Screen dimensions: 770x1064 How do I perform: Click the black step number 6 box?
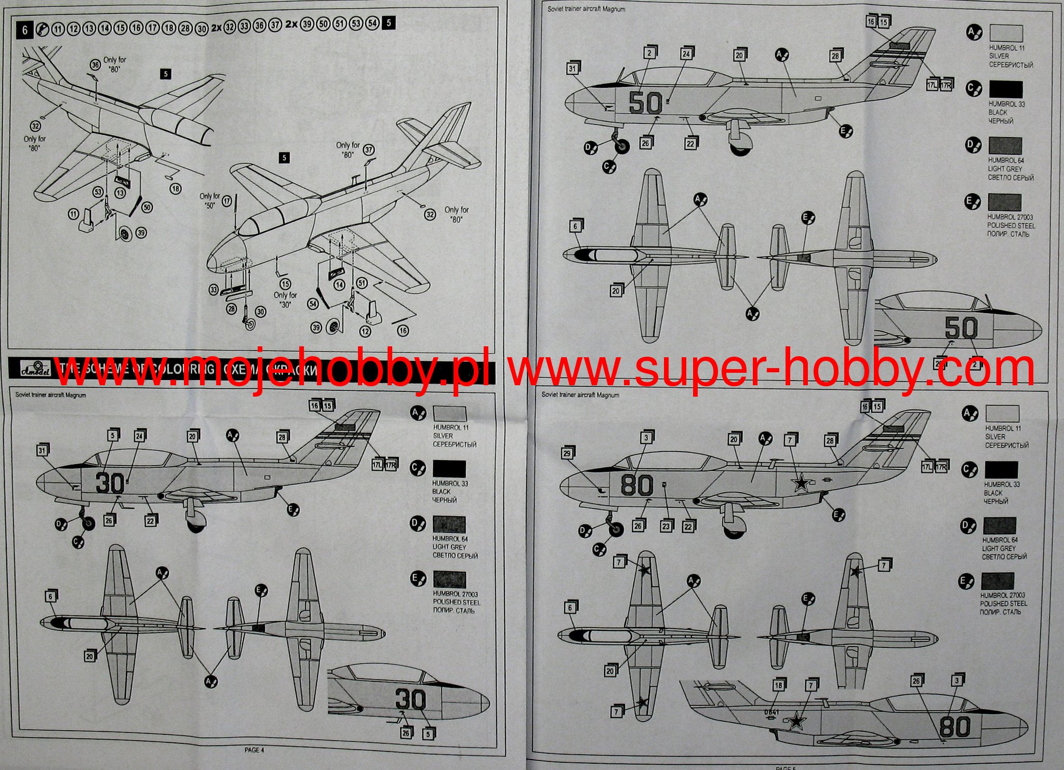pyautogui.click(x=24, y=30)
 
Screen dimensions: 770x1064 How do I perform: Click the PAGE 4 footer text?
pyautogui.click(x=255, y=750)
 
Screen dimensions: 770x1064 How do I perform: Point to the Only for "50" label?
pyautogui.click(x=209, y=200)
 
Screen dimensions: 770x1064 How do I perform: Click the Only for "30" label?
pyautogui.click(x=285, y=300)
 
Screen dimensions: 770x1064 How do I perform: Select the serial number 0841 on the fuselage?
pyautogui.click(x=772, y=712)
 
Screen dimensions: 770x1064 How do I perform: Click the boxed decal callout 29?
pyautogui.click(x=567, y=453)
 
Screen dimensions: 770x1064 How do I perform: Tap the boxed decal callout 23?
pyautogui.click(x=666, y=526)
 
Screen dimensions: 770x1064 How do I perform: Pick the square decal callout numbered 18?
pyautogui.click(x=778, y=685)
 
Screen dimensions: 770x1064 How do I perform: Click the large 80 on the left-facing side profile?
pyautogui.click(x=637, y=485)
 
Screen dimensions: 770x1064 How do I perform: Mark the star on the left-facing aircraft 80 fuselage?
pyautogui.click(x=801, y=484)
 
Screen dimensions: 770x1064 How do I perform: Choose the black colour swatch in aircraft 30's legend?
pyautogui.click(x=449, y=469)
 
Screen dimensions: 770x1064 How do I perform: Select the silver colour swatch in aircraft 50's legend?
pyautogui.click(x=1006, y=33)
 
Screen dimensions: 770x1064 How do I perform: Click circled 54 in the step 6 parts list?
pyautogui.click(x=372, y=23)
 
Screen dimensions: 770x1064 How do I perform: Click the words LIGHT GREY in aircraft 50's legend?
pyautogui.click(x=1005, y=169)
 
